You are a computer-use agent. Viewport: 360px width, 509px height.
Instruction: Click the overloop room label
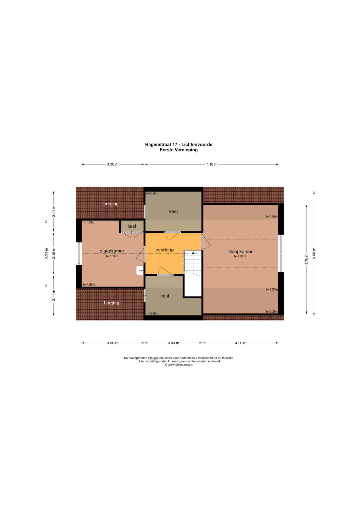coord(164,250)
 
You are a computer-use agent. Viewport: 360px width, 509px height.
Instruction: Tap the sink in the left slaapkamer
coord(140,270)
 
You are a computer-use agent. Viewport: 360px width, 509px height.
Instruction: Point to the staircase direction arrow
coord(193,252)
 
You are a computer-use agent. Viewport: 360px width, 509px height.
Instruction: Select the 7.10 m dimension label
coord(212,164)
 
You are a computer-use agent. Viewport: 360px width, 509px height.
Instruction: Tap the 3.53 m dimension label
coord(46,253)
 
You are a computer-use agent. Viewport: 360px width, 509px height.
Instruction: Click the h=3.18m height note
coord(112,256)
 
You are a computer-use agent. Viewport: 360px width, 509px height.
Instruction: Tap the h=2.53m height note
coord(240,256)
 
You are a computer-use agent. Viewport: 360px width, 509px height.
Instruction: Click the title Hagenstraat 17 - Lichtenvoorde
coord(179,145)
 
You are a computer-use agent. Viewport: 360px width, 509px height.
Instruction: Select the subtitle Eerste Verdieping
coord(179,150)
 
